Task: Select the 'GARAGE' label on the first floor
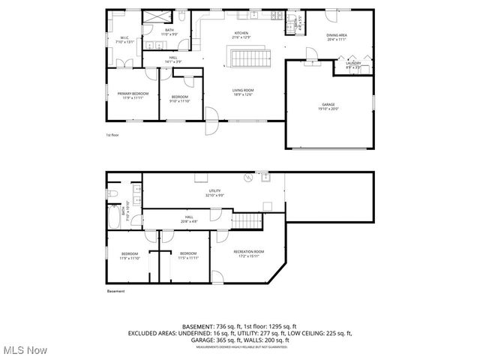329,104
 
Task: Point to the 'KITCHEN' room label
241,33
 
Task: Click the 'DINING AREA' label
336,34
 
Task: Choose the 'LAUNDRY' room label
352,63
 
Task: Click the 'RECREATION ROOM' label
248,251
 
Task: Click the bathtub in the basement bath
112,220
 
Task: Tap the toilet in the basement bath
112,193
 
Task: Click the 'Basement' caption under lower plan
115,291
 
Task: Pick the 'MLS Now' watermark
25,350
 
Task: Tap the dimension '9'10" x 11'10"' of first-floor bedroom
180,101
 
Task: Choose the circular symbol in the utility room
245,178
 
